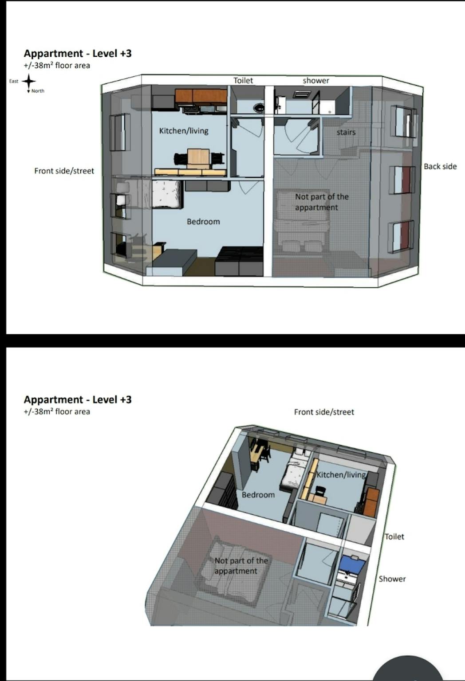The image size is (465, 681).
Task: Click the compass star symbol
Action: click(28, 81)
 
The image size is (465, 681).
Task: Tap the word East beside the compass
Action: click(14, 81)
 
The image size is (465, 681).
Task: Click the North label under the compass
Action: click(38, 90)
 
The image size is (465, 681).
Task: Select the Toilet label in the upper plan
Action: click(243, 81)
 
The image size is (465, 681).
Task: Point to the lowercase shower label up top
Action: click(316, 81)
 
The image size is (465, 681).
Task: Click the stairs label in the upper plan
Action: click(346, 132)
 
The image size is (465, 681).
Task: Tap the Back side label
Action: click(440, 166)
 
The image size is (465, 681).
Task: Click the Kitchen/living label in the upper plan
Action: click(184, 131)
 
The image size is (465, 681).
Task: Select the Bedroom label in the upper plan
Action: click(203, 221)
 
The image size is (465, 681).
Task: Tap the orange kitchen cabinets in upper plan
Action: click(201, 96)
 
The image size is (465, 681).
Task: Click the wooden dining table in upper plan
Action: click(198, 158)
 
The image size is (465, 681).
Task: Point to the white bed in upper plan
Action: click(167, 194)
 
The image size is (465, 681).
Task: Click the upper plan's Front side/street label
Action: click(64, 171)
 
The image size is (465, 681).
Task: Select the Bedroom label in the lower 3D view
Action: click(258, 495)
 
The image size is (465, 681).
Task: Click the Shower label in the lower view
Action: click(392, 579)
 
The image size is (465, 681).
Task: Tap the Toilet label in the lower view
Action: click(394, 536)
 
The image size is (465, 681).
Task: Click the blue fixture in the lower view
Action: click(352, 564)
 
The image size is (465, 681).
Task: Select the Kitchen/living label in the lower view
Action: click(341, 474)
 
